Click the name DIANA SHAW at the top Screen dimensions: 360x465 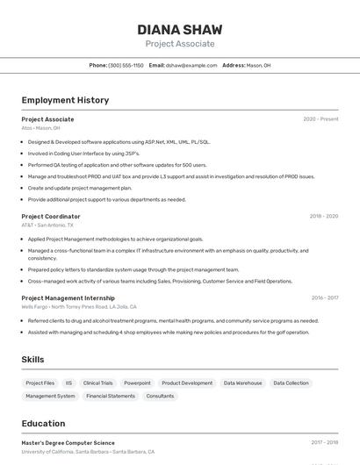pyautogui.click(x=179, y=29)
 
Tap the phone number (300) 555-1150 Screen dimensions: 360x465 pyautogui.click(x=126, y=65)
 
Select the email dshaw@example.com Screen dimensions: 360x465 pyautogui.click(x=191, y=65)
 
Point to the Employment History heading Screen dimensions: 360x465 pyautogui.click(x=65, y=100)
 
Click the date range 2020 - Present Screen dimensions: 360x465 pyautogui.click(x=320, y=119)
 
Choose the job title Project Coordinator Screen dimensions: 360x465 pyautogui.click(x=51, y=216)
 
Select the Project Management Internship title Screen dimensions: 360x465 pyautogui.click(x=68, y=297)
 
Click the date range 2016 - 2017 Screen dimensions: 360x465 pyautogui.click(x=324, y=297)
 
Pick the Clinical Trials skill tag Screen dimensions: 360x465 pyautogui.click(x=98, y=383)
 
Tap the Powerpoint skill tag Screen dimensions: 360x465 pyautogui.click(x=137, y=383)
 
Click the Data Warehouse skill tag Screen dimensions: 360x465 pyautogui.click(x=242, y=383)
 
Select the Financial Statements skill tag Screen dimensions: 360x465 pyautogui.click(x=111, y=396)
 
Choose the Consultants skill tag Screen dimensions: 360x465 pyautogui.click(x=160, y=396)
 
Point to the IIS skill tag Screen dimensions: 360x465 pyautogui.click(x=68, y=383)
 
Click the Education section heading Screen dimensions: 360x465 pyautogui.click(x=43, y=423)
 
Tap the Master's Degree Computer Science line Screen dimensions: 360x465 pyautogui.click(x=68, y=443)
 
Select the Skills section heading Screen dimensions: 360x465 pyautogui.click(x=32, y=360)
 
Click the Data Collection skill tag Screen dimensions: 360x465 pyautogui.click(x=291, y=383)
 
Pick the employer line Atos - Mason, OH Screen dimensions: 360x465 pyautogui.click(x=40, y=128)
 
